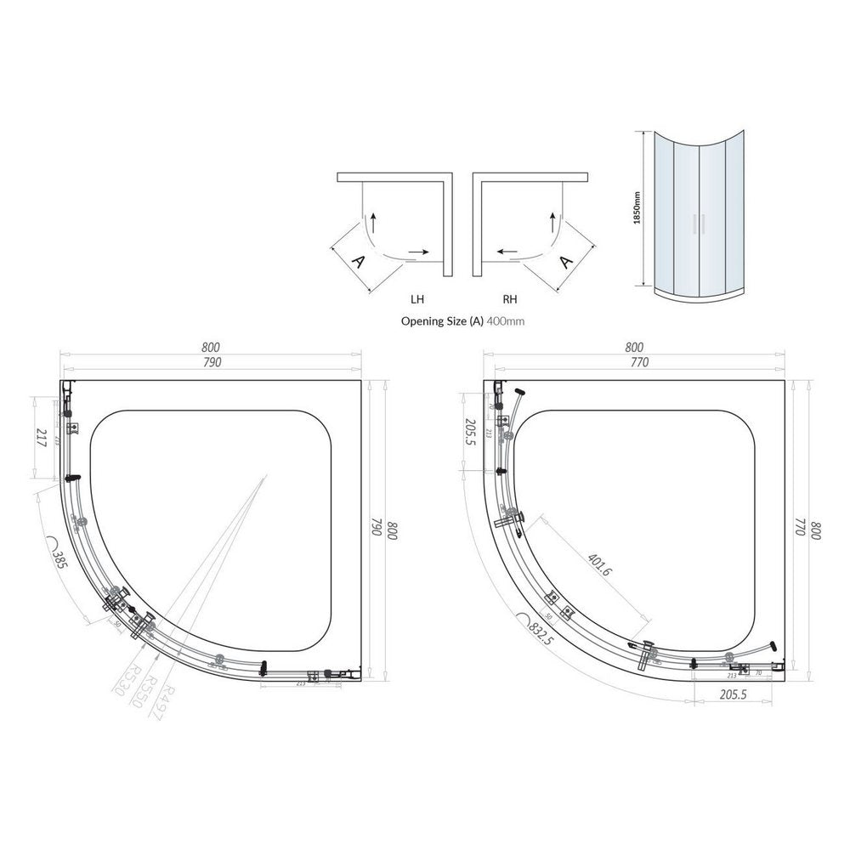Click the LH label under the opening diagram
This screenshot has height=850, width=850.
(416, 300)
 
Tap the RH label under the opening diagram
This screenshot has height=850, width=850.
(510, 300)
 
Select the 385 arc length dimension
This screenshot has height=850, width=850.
(59, 558)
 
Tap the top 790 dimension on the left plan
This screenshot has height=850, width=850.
(211, 362)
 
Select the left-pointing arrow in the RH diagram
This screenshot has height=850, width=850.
(508, 252)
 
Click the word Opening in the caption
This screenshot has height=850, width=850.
(419, 322)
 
